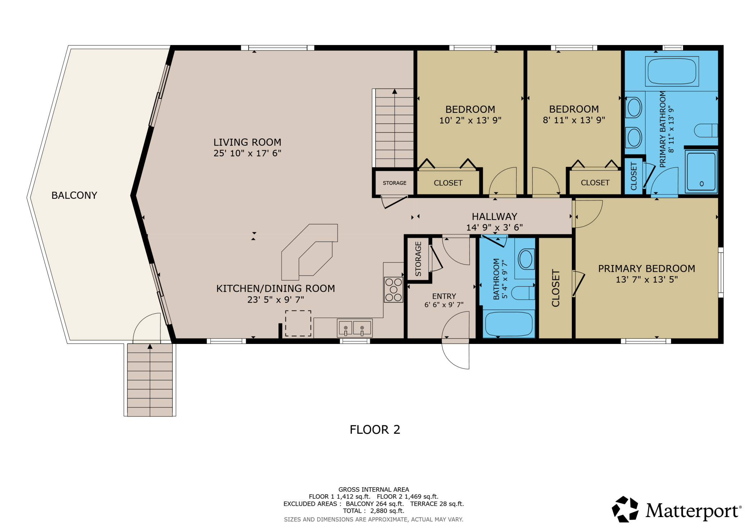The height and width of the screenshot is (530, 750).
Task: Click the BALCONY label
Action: (74, 195)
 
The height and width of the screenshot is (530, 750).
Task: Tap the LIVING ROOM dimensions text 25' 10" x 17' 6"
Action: (247, 153)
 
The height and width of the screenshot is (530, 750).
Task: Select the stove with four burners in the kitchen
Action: (393, 290)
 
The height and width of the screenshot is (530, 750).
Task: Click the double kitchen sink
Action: (354, 328)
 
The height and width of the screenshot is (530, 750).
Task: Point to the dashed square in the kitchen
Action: (298, 323)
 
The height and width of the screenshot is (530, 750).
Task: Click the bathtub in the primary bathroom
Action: (672, 71)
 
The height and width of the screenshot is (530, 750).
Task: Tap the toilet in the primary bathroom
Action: (706, 131)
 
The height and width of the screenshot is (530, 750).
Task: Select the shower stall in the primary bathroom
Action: (701, 171)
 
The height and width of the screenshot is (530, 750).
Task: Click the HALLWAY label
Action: (494, 216)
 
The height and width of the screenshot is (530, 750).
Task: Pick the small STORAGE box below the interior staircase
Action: (394, 183)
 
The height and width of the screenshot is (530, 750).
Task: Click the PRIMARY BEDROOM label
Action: (647, 269)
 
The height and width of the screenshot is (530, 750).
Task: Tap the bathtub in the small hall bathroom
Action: (508, 324)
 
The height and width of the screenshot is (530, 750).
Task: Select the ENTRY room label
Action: (444, 296)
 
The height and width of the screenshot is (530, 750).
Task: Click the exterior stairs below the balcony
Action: (150, 380)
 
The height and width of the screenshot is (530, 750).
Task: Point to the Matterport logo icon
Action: (625, 509)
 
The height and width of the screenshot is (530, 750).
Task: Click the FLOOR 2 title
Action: (375, 429)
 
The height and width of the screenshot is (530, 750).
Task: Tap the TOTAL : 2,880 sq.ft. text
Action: (374, 511)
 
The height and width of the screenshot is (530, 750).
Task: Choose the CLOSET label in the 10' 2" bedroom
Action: (448, 183)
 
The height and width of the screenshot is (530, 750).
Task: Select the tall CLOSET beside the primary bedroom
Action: (556, 288)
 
